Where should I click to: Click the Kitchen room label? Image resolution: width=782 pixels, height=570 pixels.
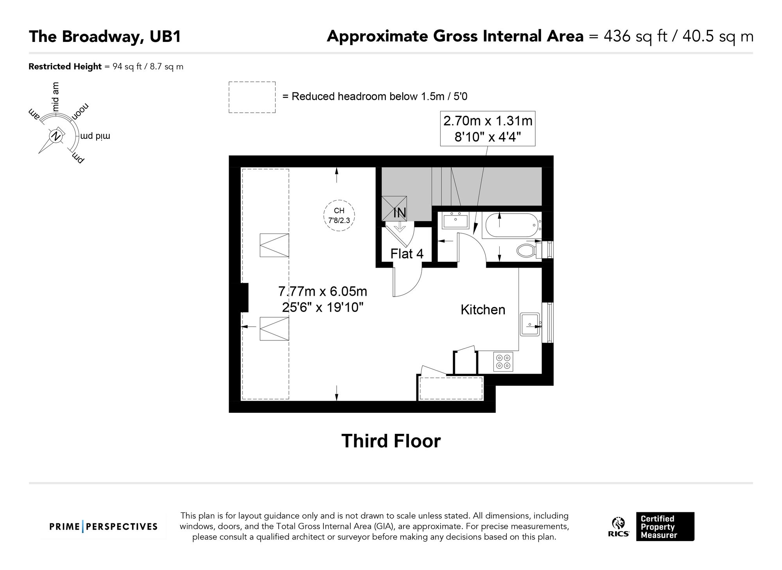pos(482,309)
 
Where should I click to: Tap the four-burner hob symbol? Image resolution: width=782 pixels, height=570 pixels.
pos(503,362)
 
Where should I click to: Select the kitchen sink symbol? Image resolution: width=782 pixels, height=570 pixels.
pos(530,324)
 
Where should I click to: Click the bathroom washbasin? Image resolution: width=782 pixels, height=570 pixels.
pos(456,220)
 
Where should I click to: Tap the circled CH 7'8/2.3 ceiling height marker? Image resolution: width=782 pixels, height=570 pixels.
pos(339,216)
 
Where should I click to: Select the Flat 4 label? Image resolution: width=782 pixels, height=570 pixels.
pos(407,254)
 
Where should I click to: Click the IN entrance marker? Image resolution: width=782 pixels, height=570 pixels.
pos(400,213)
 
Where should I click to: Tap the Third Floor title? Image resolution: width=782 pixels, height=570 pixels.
pos(391,441)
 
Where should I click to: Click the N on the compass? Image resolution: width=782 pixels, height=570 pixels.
pos(56,136)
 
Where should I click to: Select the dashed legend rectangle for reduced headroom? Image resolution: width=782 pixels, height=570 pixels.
pos(252,97)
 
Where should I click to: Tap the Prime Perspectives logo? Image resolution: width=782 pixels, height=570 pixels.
pos(103,527)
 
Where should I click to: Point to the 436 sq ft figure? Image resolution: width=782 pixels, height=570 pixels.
pos(635,36)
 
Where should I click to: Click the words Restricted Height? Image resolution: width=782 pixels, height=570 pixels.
pos(65,67)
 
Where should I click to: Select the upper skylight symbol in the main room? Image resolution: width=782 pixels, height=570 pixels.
pos(274,245)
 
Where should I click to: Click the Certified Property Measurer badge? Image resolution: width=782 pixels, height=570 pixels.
pos(665,527)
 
